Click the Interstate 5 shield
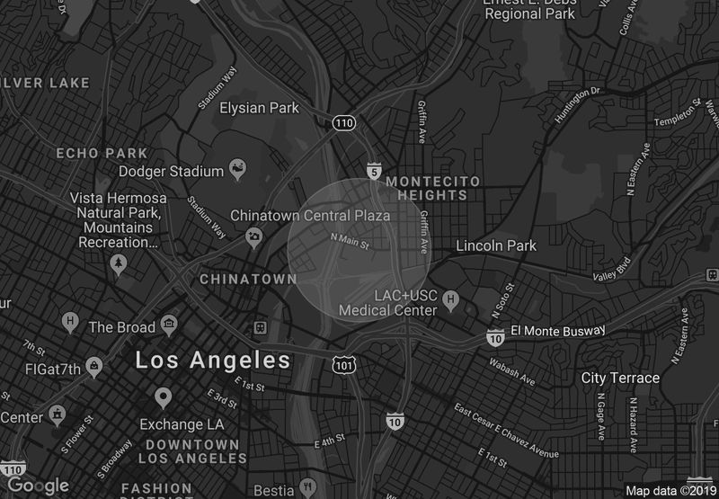click(x=373, y=171)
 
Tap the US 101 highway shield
click(x=342, y=365)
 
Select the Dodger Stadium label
click(x=171, y=171)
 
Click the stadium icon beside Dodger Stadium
click(x=238, y=167)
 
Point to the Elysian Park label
click(x=259, y=108)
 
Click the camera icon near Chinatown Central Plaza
click(x=254, y=237)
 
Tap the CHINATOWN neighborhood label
click(x=248, y=280)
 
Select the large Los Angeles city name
click(x=213, y=361)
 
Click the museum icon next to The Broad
click(x=168, y=325)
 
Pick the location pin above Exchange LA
click(x=163, y=397)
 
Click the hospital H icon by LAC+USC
click(x=452, y=299)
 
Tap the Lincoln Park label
click(x=496, y=245)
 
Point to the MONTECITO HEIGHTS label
click(x=432, y=188)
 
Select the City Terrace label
click(x=620, y=378)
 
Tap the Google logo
click(x=38, y=486)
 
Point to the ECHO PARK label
click(x=102, y=153)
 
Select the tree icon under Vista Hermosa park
click(x=118, y=263)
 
